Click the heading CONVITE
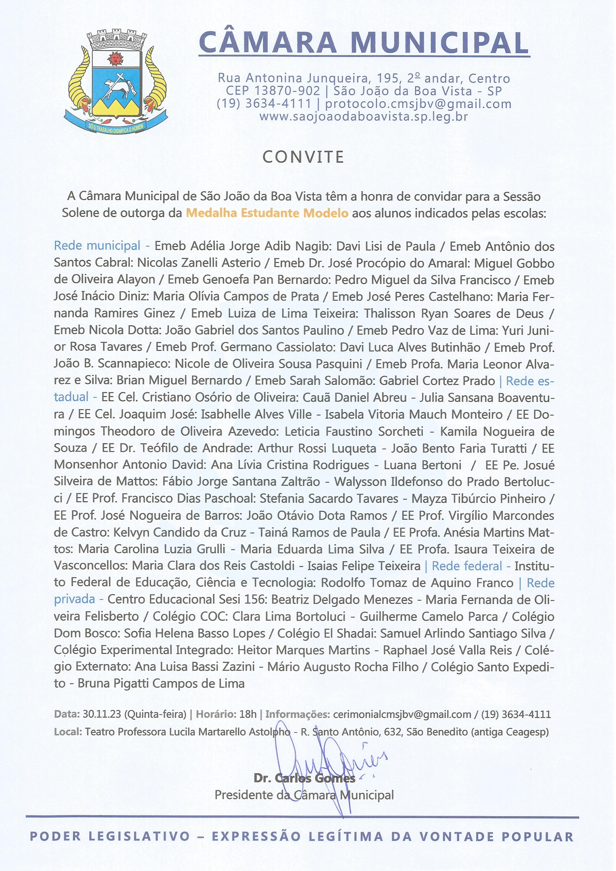(x=303, y=157)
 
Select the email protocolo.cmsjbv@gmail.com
(x=418, y=104)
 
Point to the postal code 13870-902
(x=287, y=91)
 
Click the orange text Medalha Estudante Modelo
(x=267, y=213)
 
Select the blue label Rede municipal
(x=97, y=246)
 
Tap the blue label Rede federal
(x=467, y=566)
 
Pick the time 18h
(x=248, y=714)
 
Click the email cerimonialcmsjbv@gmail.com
(x=402, y=714)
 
